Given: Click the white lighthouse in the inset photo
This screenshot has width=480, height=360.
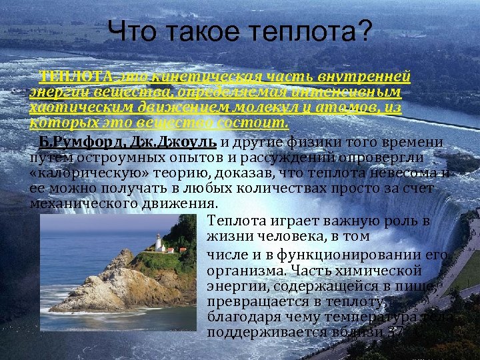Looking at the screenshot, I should pyautogui.click(x=159, y=241).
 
